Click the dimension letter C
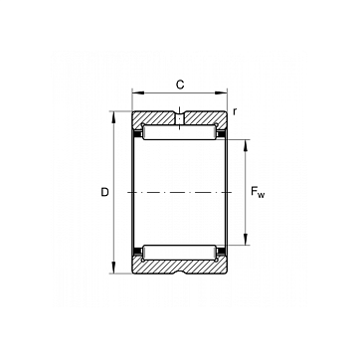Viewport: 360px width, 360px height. pos(180,85)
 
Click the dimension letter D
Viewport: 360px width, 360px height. pos(104,192)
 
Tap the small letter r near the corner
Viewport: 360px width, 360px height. pos(235,112)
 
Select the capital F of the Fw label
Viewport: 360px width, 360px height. pos(254,191)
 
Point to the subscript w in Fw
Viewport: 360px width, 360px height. pos(262,195)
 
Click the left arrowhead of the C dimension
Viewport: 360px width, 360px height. pos(137,92)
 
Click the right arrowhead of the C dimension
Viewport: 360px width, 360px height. pos(223,92)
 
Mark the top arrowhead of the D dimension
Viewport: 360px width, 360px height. pos(113,116)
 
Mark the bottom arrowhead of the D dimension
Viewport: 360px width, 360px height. pos(113,269)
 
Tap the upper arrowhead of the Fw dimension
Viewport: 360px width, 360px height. pos(246,145)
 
